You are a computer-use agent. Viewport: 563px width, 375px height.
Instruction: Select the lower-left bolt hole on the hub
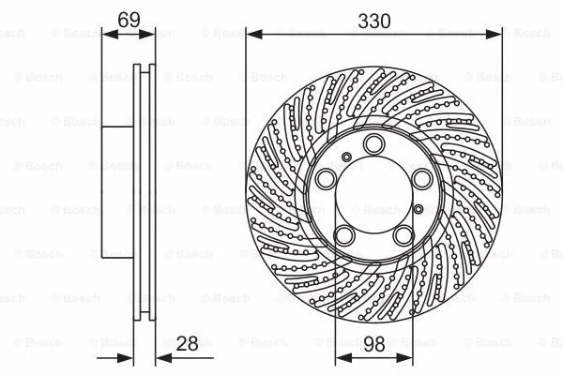tap(344, 235)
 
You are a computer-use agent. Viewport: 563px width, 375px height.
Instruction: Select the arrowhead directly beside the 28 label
tap(157, 360)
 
